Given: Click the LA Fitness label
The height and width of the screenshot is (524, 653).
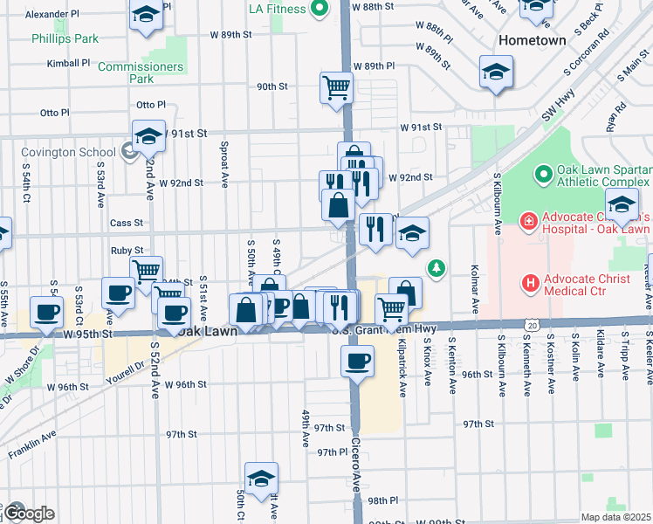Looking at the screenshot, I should tap(277, 9).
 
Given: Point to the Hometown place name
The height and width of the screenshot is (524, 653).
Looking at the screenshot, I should tap(532, 41).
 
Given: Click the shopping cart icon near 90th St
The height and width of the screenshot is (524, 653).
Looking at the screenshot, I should tap(336, 87).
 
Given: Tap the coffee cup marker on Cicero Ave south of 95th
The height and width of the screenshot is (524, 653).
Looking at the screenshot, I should tap(357, 362).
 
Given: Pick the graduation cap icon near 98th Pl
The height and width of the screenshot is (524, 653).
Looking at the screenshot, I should tap(260, 479).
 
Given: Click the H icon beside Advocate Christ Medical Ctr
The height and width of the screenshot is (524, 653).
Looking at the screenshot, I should tap(528, 283).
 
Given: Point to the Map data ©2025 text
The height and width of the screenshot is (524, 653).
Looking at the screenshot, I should tap(615, 517).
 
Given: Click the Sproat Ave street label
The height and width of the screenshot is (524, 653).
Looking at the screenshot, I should tap(224, 163).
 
